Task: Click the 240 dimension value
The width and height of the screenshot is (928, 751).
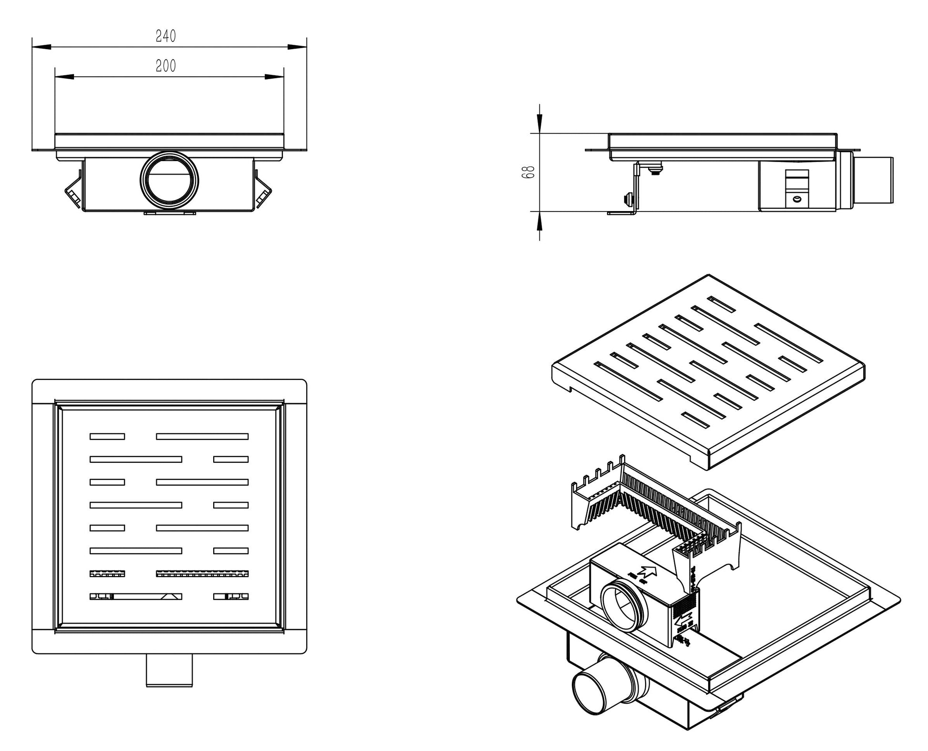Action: [166, 36]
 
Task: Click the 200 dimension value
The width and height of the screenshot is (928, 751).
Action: [166, 66]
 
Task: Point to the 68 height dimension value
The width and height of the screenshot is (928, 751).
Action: [528, 172]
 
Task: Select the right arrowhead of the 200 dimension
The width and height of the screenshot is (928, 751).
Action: [274, 76]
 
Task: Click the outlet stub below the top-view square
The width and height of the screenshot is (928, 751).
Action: [169, 670]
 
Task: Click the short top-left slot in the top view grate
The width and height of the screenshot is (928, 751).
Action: [107, 436]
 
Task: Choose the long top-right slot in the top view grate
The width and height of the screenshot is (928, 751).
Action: [202, 436]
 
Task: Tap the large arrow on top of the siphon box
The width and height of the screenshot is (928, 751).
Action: [648, 571]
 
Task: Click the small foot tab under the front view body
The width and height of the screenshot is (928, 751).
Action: [170, 213]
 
